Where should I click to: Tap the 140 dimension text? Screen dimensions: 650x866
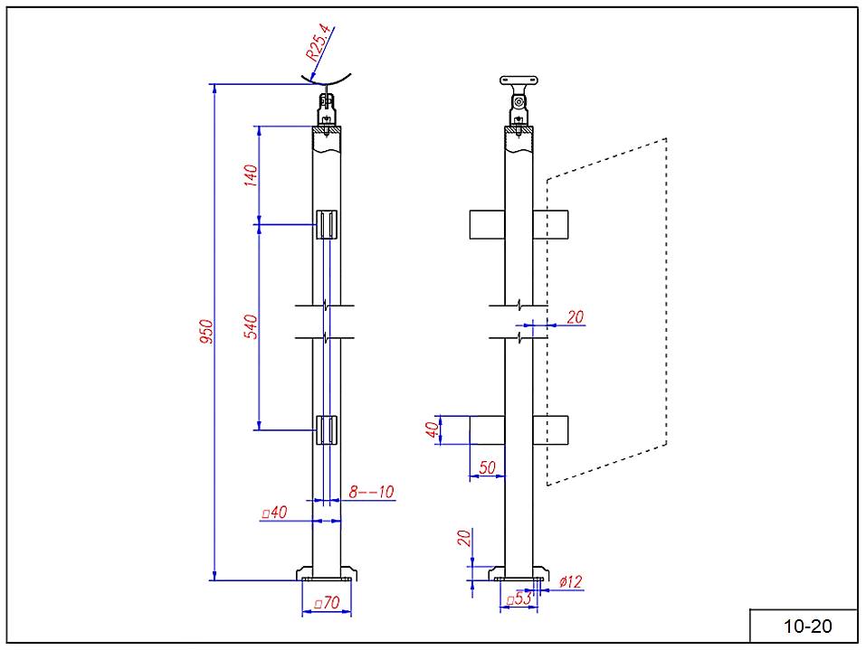click(252, 174)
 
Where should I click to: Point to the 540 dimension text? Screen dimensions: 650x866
click(252, 326)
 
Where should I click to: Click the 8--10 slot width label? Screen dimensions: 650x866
click(371, 493)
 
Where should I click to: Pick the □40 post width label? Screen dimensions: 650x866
click(274, 513)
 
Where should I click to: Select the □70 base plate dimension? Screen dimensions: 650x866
click(326, 602)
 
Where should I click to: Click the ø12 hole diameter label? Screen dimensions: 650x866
click(569, 582)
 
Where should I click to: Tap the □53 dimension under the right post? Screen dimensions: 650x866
click(519, 598)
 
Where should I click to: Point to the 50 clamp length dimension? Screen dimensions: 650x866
click(487, 466)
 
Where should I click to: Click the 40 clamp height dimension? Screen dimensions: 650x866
click(433, 429)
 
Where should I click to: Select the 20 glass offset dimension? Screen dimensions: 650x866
click(575, 316)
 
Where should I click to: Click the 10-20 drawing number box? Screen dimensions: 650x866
click(804, 626)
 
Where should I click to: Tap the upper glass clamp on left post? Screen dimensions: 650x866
click(327, 224)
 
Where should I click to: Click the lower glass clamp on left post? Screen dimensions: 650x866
click(327, 430)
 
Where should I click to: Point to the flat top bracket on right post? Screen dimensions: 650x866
click(518, 80)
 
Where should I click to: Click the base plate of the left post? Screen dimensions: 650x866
click(327, 573)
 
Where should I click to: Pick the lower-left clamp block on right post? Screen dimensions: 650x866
click(487, 430)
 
